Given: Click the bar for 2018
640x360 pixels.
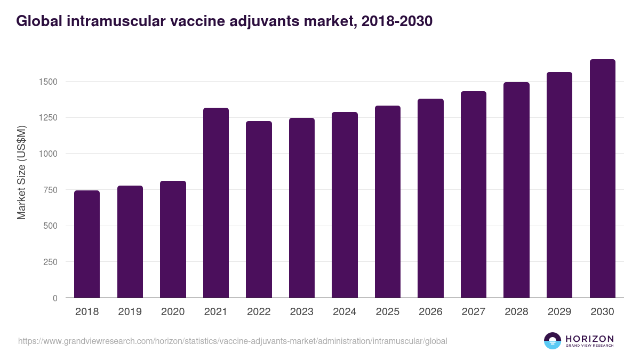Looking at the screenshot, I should [x=87, y=244].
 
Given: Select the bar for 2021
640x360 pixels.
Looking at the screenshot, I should [x=216, y=203].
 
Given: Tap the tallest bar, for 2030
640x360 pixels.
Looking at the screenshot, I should [x=602, y=179].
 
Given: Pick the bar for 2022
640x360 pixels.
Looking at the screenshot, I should [x=259, y=210].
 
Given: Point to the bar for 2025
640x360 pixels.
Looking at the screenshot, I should [x=388, y=202].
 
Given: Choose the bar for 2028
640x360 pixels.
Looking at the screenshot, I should [x=516, y=190].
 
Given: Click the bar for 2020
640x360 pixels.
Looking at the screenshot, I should [x=173, y=239].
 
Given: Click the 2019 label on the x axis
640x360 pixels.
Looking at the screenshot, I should [x=130, y=312].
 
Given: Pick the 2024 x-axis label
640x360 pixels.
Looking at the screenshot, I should [x=345, y=312].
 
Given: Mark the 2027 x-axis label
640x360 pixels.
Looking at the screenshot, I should [x=474, y=312].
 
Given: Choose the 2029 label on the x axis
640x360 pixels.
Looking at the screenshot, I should [x=559, y=312].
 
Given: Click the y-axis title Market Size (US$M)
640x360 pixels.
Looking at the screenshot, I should [x=21, y=172].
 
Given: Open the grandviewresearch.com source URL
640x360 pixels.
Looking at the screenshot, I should [x=233, y=341].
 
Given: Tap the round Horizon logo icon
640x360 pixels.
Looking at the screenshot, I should [x=553, y=341].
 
